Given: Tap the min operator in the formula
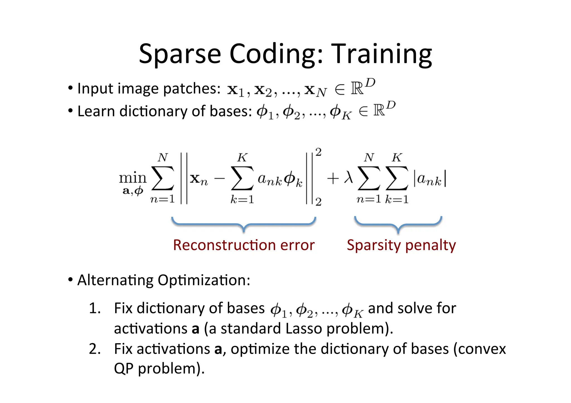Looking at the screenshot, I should (133, 178).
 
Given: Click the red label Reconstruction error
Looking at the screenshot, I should (244, 245).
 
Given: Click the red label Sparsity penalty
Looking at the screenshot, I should (401, 245).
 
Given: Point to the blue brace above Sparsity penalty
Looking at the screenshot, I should (398, 224).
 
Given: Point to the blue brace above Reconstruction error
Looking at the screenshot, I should (244, 224).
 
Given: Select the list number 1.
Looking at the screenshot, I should (95, 308).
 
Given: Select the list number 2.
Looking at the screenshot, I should (95, 349).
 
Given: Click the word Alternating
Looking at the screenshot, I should (115, 280).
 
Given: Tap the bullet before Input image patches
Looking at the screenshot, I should (70, 88).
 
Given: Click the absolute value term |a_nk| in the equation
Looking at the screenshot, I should (430, 179).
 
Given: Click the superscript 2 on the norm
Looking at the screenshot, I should (318, 152).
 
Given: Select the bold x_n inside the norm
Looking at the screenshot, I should (199, 179).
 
